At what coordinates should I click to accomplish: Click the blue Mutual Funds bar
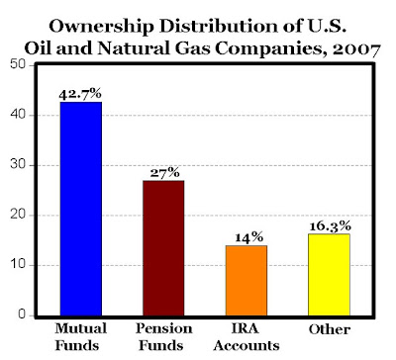click(x=81, y=209)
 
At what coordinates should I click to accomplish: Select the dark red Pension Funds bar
click(x=163, y=248)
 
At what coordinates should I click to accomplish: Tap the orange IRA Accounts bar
click(x=247, y=281)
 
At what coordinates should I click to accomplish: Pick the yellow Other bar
click(x=329, y=275)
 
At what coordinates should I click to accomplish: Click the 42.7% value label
click(x=80, y=94)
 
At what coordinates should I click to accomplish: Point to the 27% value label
click(x=165, y=173)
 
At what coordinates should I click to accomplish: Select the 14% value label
click(x=248, y=237)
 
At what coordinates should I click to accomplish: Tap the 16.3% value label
click(x=330, y=226)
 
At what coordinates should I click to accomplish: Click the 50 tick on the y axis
click(x=18, y=65)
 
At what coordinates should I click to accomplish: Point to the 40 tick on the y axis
click(x=18, y=115)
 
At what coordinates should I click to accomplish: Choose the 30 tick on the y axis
click(x=18, y=165)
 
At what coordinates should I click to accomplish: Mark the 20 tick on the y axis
click(x=18, y=215)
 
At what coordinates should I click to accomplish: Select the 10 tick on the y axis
click(x=18, y=265)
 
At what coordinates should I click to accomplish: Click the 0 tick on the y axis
click(x=22, y=315)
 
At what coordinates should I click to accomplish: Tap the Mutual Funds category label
click(x=80, y=337)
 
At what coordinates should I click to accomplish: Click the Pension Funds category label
click(x=164, y=337)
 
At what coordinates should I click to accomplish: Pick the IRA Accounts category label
click(x=247, y=337)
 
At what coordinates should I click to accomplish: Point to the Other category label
click(x=330, y=329)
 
